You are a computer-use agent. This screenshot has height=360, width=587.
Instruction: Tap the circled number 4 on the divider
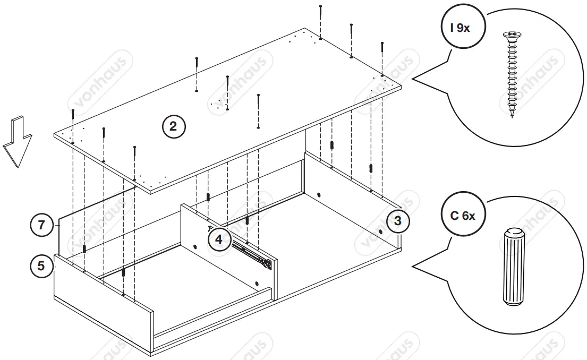coord(219,238)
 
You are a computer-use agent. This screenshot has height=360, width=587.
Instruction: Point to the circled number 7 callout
coord(41,225)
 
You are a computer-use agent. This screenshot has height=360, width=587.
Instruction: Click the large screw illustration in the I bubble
coord(511,74)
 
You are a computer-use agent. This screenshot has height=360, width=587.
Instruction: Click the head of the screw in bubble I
coord(511,36)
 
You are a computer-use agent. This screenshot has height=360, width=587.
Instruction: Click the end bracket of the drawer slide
coord(270,263)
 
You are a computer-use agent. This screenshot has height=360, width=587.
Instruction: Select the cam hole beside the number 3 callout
coord(381,232)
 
